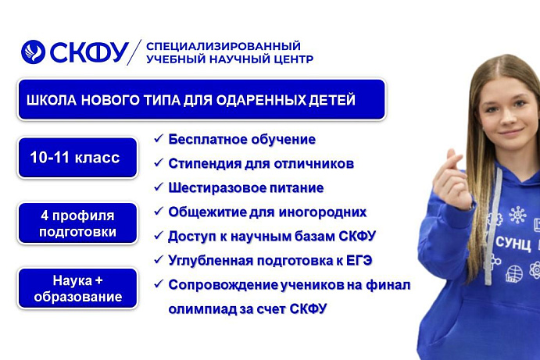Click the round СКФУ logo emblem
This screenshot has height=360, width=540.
(34, 52)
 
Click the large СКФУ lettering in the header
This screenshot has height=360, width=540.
(88, 52)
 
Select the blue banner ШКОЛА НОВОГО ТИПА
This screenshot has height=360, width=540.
(202, 99)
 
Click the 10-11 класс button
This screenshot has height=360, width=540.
(75, 158)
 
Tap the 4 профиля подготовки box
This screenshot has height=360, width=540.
(77, 223)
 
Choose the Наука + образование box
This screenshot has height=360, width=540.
(77, 288)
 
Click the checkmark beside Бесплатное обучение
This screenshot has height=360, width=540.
(159, 139)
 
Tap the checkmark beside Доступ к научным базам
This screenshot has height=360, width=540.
(159, 235)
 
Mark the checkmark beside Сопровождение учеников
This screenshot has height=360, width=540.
(159, 283)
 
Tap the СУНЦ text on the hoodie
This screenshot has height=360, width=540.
(512, 242)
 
